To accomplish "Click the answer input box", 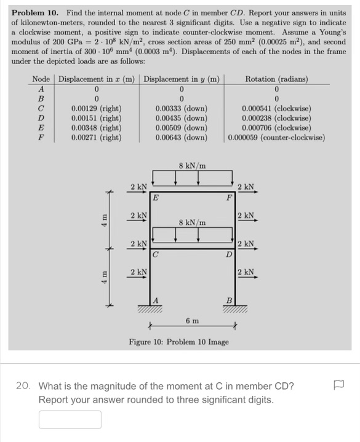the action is point(70,419).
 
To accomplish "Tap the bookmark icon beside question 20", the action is point(338,387).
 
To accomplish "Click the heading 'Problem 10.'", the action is point(36,12).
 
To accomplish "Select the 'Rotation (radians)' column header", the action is point(276,79).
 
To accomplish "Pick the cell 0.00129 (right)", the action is point(97,108).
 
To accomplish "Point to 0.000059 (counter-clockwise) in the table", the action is point(276,137).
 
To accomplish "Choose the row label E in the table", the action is point(41,127).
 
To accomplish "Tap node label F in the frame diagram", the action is point(228,198).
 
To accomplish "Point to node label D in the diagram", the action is point(228,254).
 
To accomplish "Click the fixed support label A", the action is point(156,300).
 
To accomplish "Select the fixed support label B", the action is point(229,300).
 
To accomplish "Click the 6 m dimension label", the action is point(192,320).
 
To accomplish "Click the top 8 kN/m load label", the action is point(192,166).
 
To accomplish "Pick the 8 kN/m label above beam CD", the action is point(192,222).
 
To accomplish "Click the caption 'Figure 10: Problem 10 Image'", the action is point(178,342).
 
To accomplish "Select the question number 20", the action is point(24,387).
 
